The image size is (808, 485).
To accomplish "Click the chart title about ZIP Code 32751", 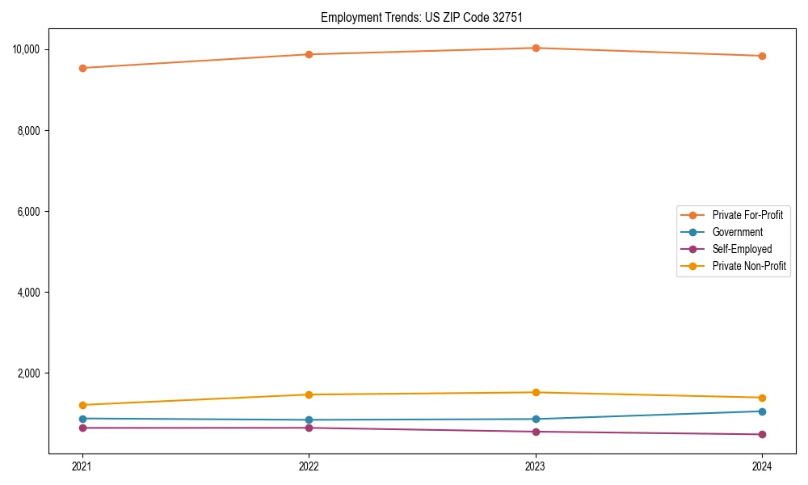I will (x=415, y=17).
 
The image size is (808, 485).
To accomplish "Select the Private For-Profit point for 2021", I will (x=82, y=68).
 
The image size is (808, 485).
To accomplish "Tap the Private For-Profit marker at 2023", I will (x=536, y=48).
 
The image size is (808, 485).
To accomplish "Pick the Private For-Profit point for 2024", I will (x=762, y=56).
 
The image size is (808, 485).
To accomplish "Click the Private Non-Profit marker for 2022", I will (x=309, y=394).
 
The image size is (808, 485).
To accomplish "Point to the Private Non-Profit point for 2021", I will (x=82, y=405).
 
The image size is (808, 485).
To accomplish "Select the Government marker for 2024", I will (x=762, y=411).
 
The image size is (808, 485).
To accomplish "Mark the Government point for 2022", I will (x=309, y=420).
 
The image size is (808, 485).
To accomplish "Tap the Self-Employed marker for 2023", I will (x=536, y=432).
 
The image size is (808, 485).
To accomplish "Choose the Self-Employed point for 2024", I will (x=762, y=435).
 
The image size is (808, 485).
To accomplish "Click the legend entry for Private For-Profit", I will (x=747, y=215).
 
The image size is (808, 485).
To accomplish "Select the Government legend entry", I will (x=737, y=232).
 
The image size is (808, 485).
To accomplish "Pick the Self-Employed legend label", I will (x=742, y=249).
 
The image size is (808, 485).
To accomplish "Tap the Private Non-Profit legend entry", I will (x=749, y=266).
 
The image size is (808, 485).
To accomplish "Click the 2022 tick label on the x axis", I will (x=309, y=466).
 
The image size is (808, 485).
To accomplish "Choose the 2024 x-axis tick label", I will (x=762, y=466).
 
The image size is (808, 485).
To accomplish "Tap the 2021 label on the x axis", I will (x=82, y=466).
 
